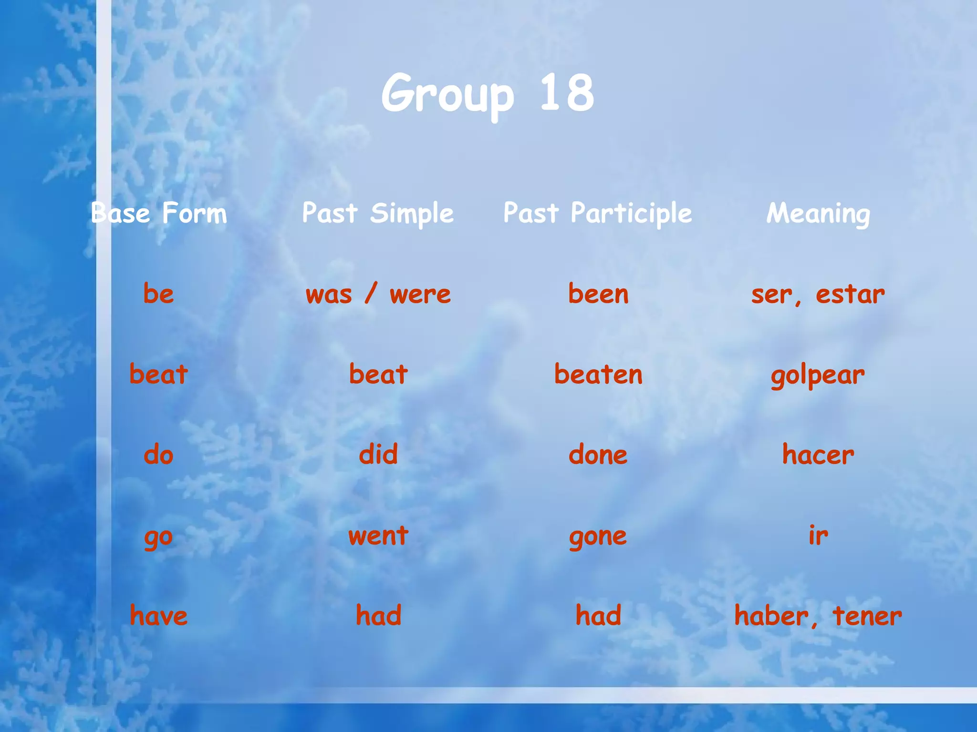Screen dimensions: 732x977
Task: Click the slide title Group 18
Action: [488, 93]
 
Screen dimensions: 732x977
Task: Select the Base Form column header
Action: [159, 213]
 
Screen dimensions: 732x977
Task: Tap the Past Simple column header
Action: [378, 213]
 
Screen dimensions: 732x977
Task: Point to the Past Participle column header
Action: [598, 213]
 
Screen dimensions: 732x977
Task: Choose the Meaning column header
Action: [818, 213]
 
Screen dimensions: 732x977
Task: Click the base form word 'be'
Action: [159, 294]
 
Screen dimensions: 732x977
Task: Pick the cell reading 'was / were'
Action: [378, 294]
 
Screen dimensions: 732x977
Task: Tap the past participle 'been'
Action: [598, 294]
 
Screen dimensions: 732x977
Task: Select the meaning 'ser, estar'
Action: [818, 295]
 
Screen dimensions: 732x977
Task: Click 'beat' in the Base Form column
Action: [159, 374]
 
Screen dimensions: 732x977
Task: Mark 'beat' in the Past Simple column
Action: [378, 374]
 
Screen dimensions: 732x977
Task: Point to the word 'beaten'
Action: [598, 374]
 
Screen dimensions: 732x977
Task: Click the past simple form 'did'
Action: [378, 454]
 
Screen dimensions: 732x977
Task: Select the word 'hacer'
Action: [818, 455]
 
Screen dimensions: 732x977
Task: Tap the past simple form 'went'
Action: [378, 536]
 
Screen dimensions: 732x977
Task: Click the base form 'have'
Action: [159, 615]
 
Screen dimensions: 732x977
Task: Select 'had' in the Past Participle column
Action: [598, 615]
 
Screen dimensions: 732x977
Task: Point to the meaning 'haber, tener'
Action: [818, 616]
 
